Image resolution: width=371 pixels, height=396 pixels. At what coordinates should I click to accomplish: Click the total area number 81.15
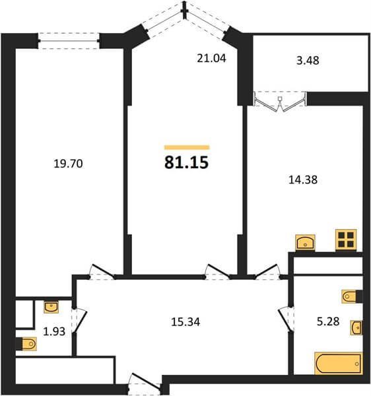pos(186,162)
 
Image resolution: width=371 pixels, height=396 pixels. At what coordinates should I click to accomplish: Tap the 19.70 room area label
pos(68,164)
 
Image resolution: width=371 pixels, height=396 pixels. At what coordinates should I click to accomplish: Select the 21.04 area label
pos(211,58)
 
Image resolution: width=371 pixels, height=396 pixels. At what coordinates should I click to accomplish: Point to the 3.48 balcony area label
pos(308,61)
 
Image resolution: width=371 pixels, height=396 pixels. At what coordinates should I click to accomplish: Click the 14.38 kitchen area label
pos(303,180)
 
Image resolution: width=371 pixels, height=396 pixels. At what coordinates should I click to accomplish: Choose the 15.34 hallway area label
pos(185,322)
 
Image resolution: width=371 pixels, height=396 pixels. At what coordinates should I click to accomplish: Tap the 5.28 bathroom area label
pos(328,321)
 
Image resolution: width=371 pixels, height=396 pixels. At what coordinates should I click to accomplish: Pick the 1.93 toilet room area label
pos(54,331)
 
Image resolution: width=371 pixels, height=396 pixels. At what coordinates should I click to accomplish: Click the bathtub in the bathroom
pos(339,363)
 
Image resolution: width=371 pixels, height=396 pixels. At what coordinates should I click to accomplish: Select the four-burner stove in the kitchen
pos(346,240)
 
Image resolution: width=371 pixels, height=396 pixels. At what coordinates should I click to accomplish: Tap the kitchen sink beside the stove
pos(306,242)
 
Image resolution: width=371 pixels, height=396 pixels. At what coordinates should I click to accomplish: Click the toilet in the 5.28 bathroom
pos(352,296)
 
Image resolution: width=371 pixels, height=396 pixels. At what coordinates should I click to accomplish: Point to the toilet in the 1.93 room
pos(26,344)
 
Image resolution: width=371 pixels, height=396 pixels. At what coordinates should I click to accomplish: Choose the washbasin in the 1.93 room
pos(51,307)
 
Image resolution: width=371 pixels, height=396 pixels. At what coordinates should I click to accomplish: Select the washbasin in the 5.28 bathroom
pos(356,328)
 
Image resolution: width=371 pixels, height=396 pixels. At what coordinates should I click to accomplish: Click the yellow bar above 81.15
pos(187,147)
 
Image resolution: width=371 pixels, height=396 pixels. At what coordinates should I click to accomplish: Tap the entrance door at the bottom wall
pos(144,382)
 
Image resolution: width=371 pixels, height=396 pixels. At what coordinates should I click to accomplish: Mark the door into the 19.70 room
pos(102,272)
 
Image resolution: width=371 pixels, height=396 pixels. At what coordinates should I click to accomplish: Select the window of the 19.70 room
pos(69,40)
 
